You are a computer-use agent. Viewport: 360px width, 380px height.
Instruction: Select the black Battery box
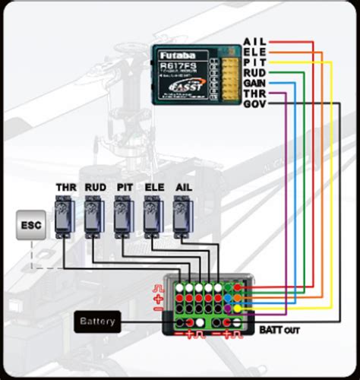click(96, 321)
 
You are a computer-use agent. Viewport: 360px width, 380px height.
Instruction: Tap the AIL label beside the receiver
click(253, 41)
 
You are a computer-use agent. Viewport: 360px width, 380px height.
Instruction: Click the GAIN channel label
click(255, 83)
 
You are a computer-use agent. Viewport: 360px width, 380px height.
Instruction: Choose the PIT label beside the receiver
click(253, 62)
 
